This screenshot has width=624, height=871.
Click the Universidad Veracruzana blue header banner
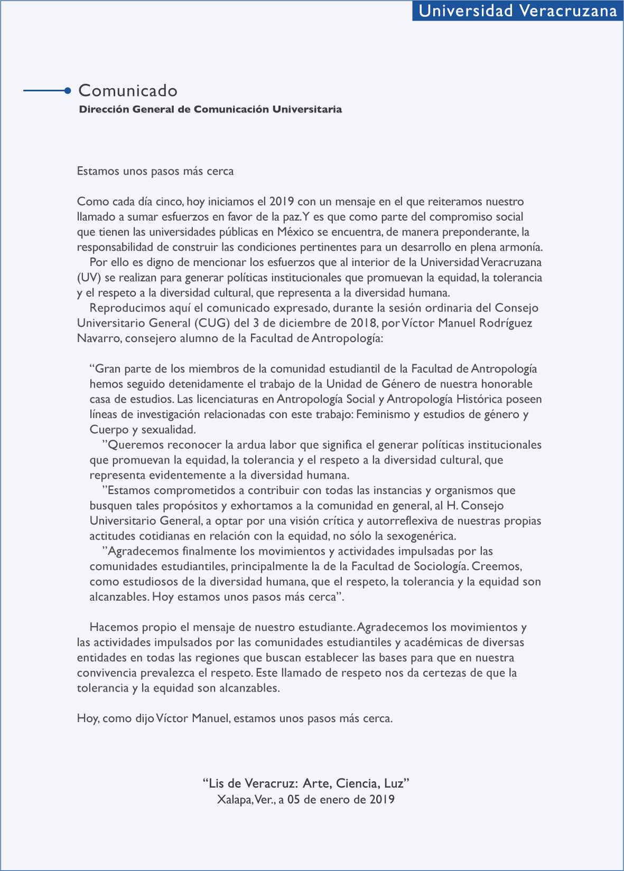coord(517,11)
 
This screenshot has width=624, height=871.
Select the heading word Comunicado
coord(128,91)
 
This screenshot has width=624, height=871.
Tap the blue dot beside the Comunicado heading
coord(67,91)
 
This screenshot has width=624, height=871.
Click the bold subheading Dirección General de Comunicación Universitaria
coord(210,109)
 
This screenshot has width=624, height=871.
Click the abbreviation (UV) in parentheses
coord(89,278)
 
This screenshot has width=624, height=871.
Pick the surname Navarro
coord(99,338)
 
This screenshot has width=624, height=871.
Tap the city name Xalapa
coord(234,800)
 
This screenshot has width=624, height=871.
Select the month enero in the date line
coord(333,800)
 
